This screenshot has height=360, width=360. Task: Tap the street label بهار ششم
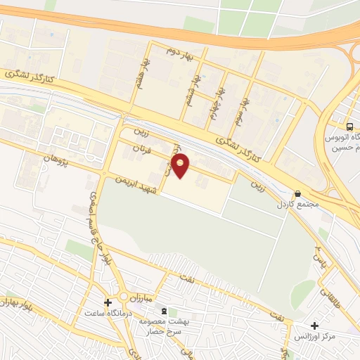click(191, 90)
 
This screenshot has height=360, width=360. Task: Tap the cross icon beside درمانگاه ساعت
click(107, 304)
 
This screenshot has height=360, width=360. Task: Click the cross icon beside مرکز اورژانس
click(314, 326)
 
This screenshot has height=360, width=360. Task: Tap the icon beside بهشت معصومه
click(165, 311)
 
